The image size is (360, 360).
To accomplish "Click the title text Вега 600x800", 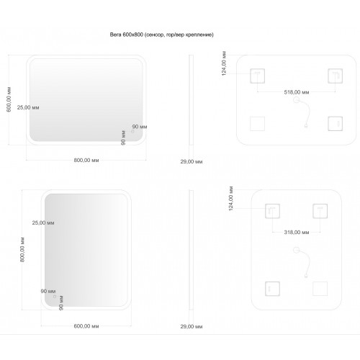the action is [x=127, y=35].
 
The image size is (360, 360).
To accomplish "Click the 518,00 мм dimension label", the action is [x=297, y=92].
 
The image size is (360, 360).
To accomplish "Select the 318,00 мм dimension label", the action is [x=297, y=233].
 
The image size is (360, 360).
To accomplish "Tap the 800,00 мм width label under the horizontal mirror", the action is [x=86, y=160].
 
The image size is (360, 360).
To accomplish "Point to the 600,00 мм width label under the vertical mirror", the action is [x=86, y=326].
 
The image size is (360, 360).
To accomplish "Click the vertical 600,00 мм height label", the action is [x=9, y=99].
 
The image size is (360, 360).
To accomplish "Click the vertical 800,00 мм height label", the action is [x=22, y=250].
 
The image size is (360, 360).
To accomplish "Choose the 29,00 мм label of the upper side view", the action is [x=192, y=161].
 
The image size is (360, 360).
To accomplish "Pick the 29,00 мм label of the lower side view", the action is [x=192, y=326].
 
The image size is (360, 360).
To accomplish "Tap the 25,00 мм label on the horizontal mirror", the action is [x=28, y=107].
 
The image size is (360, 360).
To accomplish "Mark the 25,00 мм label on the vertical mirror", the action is [x=43, y=222].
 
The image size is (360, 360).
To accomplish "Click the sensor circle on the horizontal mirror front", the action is [x=132, y=131].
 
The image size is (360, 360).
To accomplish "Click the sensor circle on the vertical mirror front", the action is [x=55, y=297].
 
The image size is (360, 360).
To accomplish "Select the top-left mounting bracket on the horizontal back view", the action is [x=258, y=76].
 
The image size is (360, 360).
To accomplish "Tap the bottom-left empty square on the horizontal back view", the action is [x=258, y=124].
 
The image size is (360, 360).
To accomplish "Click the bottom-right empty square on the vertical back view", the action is [x=320, y=289].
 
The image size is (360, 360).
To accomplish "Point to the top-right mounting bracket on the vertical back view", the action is [x=320, y=211].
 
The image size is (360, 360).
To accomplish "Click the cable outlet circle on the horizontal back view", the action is [x=297, y=100].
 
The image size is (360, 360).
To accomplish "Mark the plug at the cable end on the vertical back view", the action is [x=306, y=276].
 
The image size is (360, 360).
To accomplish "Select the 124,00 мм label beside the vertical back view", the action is [x=231, y=199].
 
